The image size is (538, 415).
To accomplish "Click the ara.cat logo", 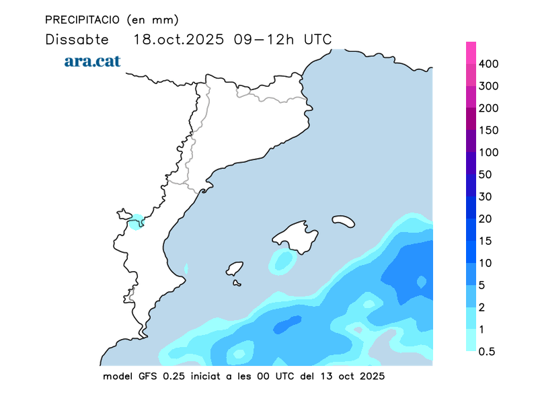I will [92, 61].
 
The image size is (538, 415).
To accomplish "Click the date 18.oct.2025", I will [180, 39].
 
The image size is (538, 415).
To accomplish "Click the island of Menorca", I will [343, 221].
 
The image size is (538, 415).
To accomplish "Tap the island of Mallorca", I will [296, 237].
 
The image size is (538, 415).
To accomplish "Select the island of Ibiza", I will [235, 268].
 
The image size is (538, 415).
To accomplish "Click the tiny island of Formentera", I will [237, 283].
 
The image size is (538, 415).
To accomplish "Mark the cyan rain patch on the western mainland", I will [137, 222].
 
